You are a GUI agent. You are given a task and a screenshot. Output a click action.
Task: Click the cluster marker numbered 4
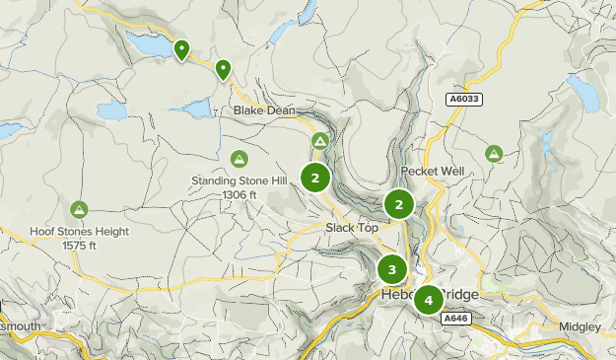point(429,300)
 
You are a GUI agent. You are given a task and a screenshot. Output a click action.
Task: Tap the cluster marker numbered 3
point(392,269)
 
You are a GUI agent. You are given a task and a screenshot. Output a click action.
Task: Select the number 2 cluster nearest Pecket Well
point(398,205)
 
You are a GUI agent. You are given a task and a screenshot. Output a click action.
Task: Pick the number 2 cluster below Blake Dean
point(315,179)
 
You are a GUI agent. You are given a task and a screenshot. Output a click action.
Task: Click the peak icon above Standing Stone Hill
point(239,159)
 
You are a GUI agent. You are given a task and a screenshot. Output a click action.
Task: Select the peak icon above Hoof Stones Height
point(79,209)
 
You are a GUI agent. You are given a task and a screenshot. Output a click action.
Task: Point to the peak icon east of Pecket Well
point(494,153)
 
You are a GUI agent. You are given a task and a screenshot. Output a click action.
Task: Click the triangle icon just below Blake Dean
point(320,143)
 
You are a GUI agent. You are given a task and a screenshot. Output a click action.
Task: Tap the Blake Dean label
point(264,111)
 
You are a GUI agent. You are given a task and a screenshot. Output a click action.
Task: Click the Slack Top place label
point(352,228)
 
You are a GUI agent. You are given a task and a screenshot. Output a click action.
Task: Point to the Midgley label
point(580,326)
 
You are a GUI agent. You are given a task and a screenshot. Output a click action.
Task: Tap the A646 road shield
point(454,320)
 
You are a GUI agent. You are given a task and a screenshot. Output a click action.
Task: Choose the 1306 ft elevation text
point(239,194)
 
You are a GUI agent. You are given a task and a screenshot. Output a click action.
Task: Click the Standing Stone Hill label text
point(239,181)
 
